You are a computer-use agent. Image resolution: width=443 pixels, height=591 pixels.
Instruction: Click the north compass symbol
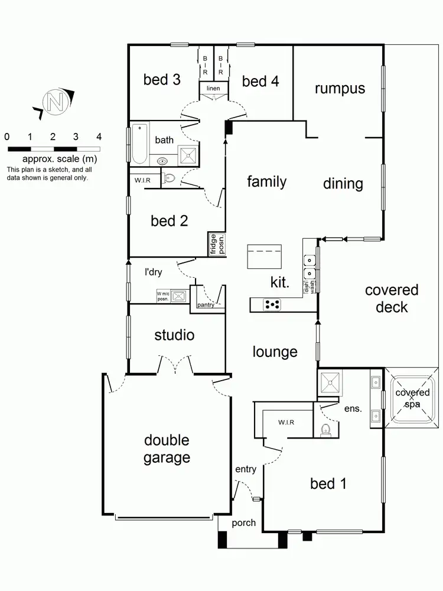[55, 102]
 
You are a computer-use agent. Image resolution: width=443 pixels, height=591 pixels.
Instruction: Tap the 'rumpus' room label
[339, 89]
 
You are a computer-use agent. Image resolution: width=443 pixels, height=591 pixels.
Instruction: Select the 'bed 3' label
[161, 79]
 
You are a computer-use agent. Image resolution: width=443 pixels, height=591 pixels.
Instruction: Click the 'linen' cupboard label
[213, 89]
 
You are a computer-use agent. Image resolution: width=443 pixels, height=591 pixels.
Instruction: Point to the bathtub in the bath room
[139, 144]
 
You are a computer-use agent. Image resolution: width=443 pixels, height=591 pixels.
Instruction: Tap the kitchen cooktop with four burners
[272, 305]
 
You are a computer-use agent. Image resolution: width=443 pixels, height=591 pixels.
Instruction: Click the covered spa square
[412, 398]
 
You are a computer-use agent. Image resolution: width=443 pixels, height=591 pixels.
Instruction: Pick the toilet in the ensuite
[326, 430]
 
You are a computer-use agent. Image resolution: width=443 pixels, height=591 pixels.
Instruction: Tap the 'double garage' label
[167, 449]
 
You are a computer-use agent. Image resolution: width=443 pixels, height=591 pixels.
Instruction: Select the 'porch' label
[243, 523]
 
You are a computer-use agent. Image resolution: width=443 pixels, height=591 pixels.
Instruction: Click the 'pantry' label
[206, 305]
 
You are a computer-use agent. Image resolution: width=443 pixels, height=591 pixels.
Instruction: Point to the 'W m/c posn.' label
[163, 296]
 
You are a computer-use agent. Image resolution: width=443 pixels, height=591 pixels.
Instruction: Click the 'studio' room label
[174, 336]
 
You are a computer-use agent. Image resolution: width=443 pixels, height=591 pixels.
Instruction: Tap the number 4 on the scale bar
[99, 137]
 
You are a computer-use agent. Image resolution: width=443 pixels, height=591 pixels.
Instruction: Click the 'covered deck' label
[391, 298]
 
